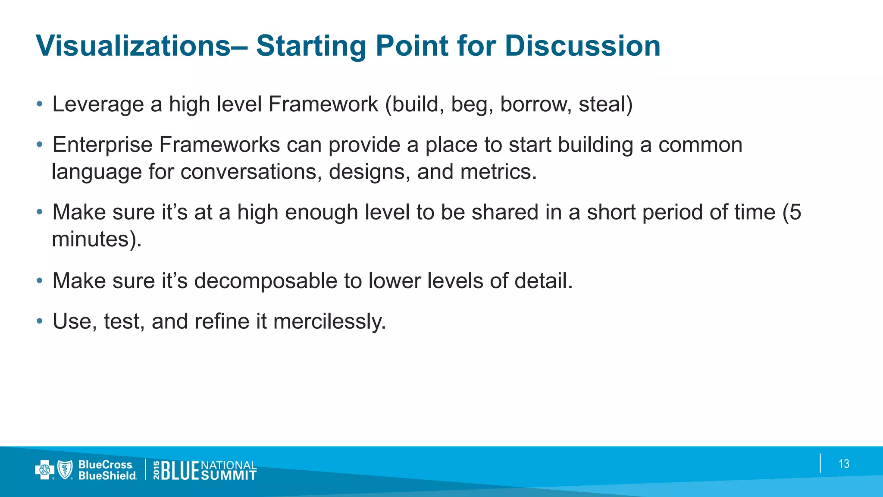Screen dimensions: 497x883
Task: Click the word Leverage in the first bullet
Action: click(98, 104)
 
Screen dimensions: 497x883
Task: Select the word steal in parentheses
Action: click(602, 104)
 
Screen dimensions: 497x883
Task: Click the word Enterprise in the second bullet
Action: click(102, 145)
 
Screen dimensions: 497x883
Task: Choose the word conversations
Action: click(251, 172)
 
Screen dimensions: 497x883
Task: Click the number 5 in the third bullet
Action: click(795, 212)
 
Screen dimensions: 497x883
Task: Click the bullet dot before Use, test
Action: click(40, 321)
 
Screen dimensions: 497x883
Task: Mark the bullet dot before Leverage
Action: click(40, 104)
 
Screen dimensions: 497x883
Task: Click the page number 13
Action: click(844, 464)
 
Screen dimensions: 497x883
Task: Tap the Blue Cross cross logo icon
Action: click(44, 470)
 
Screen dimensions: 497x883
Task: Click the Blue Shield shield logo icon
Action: click(65, 470)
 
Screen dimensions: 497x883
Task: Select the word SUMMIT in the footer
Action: click(229, 475)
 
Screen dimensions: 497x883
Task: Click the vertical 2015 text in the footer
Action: click(156, 470)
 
